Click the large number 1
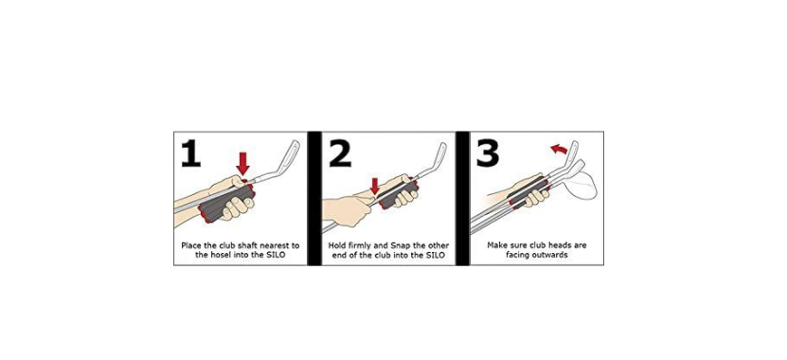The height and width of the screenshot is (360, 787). pos(190,153)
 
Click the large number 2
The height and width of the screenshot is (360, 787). pos(340,153)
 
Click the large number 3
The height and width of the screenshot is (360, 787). pos(488,153)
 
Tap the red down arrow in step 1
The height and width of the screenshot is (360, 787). pos(243,164)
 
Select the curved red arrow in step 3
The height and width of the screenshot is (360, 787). pos(559,149)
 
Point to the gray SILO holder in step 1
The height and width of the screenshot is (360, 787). pos(226,203)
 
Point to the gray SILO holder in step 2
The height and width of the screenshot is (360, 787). pos(398,193)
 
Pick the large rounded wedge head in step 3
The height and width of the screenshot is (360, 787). pos(581,185)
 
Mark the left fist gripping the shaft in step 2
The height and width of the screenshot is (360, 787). pos(342,211)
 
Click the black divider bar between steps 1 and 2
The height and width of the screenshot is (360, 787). pos(314,198)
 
